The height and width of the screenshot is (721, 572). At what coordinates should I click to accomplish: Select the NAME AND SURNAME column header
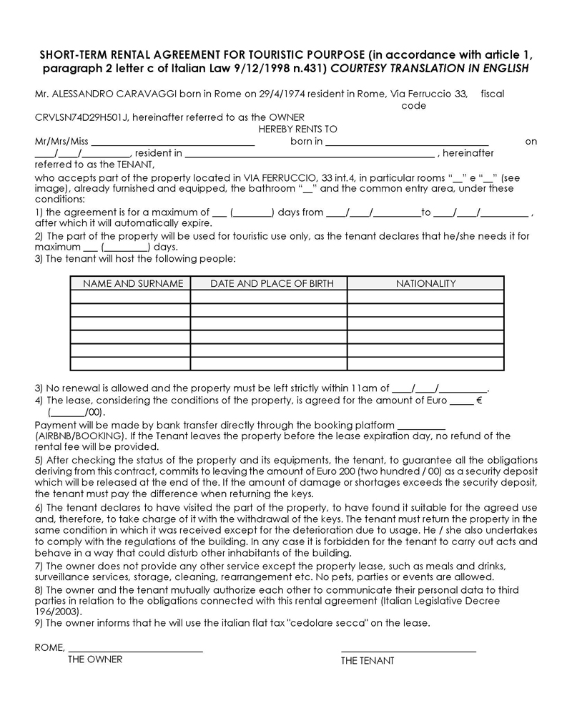point(133,283)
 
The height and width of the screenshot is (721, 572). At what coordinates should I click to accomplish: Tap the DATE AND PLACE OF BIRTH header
point(272,283)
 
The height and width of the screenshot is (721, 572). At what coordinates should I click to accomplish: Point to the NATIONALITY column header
point(426,283)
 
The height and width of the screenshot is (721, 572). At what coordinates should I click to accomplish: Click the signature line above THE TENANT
point(408,651)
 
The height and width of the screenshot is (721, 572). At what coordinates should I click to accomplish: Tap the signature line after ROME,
point(135,650)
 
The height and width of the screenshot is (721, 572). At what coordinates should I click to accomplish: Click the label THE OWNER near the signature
point(95,659)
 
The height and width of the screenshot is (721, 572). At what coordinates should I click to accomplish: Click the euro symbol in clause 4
point(479,401)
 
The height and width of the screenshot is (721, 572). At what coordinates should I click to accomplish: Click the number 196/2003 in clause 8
point(56,612)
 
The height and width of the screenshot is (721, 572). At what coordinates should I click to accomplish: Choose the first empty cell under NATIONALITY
point(426,297)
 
